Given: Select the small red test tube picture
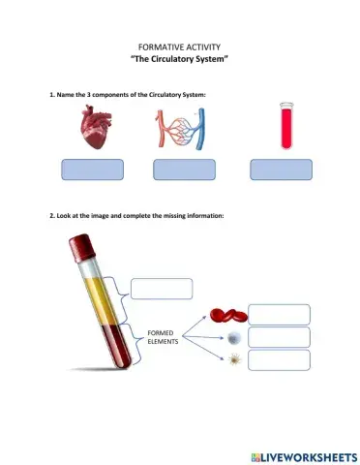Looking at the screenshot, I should [x=285, y=126].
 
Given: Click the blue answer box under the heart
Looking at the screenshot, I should [x=93, y=170].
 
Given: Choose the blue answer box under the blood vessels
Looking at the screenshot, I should [x=184, y=170].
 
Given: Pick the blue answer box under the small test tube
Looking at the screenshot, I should [x=282, y=170].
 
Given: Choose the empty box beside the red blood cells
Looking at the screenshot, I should [x=279, y=314].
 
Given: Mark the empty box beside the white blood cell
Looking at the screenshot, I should [x=279, y=337].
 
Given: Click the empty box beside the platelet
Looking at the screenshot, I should [x=279, y=360].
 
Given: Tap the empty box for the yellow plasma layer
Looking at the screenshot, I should [x=162, y=289].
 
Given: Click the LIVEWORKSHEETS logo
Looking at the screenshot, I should [x=303, y=454].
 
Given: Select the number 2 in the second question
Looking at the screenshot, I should [x=51, y=215].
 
